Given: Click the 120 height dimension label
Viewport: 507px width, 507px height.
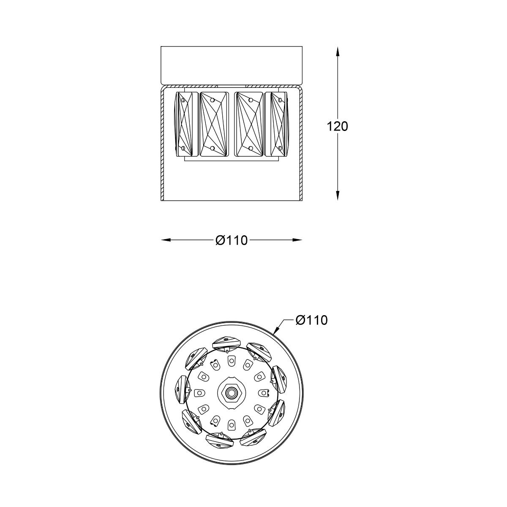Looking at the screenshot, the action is (337, 127).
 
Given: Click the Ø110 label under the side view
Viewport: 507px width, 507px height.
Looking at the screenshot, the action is (232, 240).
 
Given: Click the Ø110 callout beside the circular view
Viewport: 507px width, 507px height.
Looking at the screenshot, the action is (311, 320).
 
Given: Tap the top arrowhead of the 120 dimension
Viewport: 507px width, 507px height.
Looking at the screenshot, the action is (338, 52).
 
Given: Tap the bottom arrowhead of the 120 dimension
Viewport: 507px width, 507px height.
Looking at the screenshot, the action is (338, 196).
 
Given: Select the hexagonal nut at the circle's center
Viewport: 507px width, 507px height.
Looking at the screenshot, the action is (232, 392).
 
